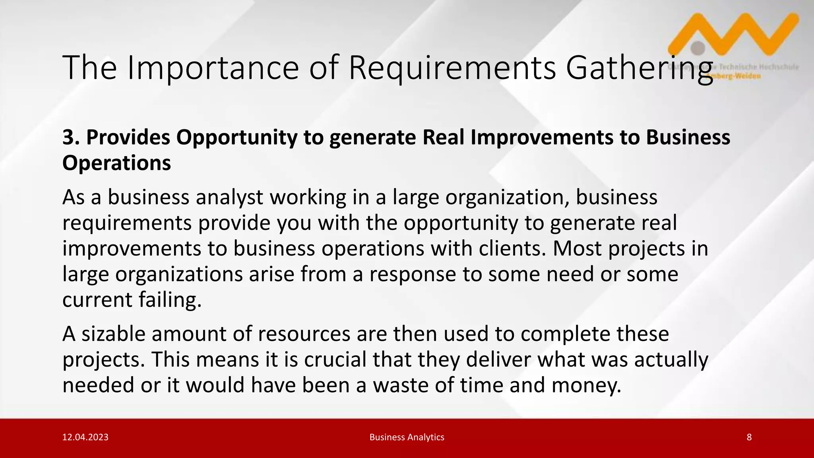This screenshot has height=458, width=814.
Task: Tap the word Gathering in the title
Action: tap(639, 68)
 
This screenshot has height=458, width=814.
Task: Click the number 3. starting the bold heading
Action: tap(71, 137)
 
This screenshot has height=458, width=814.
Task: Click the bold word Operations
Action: tap(116, 163)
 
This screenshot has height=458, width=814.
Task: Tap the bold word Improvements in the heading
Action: tap(542, 137)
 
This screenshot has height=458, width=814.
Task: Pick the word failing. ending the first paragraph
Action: tap(170, 300)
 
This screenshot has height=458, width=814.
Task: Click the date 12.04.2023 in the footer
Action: tap(85, 437)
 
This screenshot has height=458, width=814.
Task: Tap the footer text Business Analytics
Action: tap(407, 437)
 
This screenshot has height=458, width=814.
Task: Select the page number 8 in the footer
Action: tap(749, 437)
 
